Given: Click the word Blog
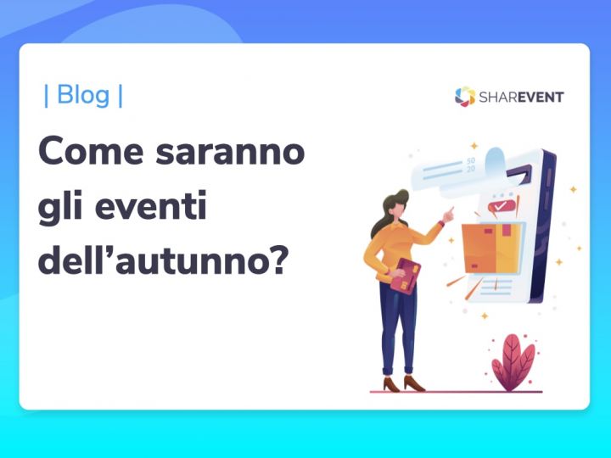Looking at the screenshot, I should pos(82,96).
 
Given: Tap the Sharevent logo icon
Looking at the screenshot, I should pos(464,97).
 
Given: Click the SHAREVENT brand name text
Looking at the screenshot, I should pos(520,97).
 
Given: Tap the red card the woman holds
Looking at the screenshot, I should pos(405,276).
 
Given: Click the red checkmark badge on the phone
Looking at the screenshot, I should pos(503,205).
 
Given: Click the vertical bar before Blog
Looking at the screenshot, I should pos(46,96).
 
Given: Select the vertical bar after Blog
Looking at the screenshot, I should pos(121,96).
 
